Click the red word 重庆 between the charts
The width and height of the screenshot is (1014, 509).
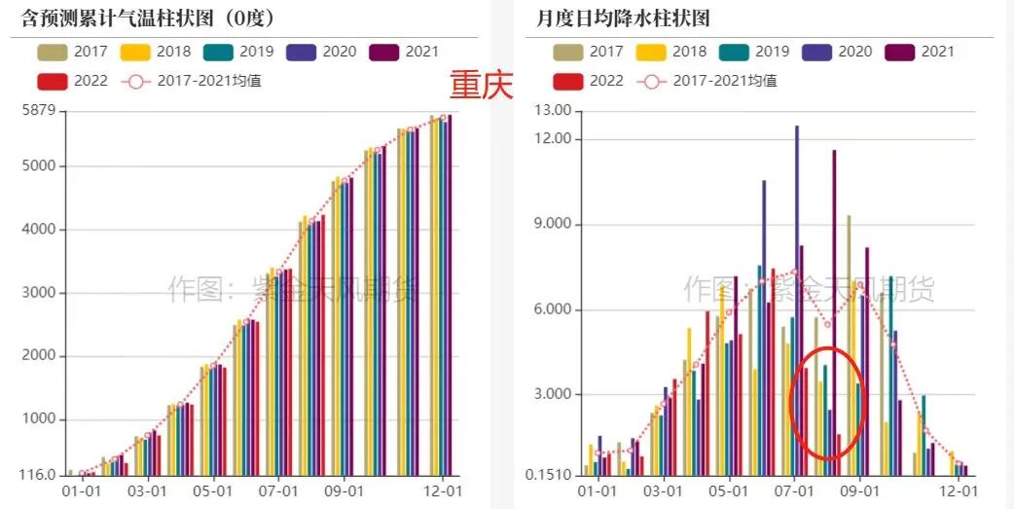pyautogui.click(x=481, y=86)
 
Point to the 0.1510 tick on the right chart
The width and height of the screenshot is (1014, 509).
pyautogui.click(x=549, y=476)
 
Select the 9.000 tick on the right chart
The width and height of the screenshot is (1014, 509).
pyautogui.click(x=553, y=225)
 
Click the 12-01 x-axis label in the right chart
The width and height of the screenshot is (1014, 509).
pyautogui.click(x=960, y=491)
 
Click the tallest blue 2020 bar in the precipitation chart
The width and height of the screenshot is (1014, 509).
pyautogui.click(x=796, y=292)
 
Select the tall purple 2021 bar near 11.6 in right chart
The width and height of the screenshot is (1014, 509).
pyautogui.click(x=834, y=311)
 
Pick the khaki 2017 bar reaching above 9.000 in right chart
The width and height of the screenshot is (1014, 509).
pyautogui.click(x=849, y=341)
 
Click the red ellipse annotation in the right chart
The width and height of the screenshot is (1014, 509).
pyautogui.click(x=825, y=403)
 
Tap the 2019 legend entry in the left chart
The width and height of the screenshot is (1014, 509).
pyautogui.click(x=240, y=52)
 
